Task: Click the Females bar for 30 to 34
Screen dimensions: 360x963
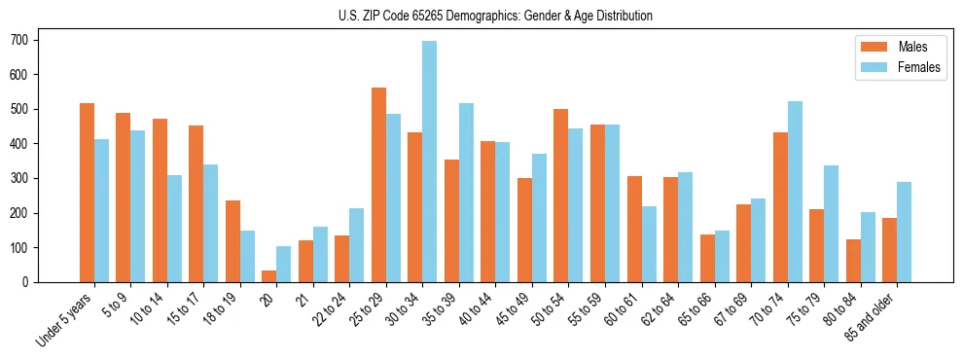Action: coord(430,162)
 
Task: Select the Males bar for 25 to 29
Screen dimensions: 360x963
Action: coord(378,185)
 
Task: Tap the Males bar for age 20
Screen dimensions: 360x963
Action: coord(269,276)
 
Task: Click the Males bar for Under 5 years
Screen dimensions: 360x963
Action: coord(87,193)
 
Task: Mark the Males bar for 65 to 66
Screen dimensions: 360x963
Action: coord(707,258)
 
